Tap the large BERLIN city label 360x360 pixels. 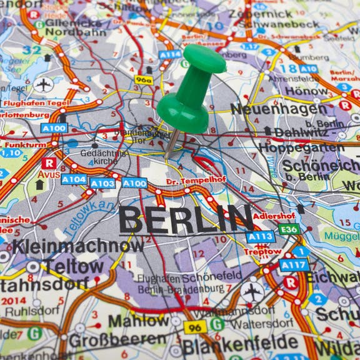tap(186, 219)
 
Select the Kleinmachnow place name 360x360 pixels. tap(78, 246)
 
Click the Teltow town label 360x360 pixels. tap(73, 267)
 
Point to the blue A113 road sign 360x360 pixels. tap(260, 237)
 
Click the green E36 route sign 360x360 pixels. tap(289, 229)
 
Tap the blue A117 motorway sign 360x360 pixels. tap(294, 265)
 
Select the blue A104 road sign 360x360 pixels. tap(74, 179)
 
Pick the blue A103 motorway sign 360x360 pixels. tap(102, 183)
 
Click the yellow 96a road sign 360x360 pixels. tap(144, 80)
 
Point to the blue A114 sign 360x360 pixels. tap(169, 54)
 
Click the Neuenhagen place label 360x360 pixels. tap(279, 109)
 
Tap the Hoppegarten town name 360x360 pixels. tap(301, 148)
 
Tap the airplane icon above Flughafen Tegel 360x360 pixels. tap(44, 85)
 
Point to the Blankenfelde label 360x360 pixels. tap(241, 342)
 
